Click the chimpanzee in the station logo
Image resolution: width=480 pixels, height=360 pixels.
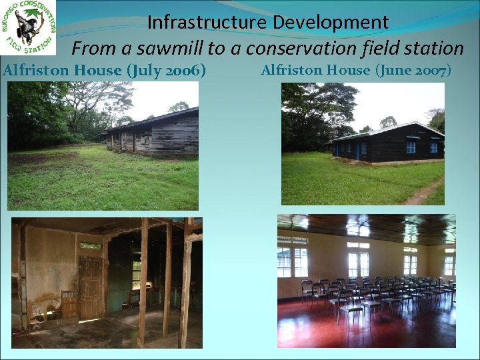27,26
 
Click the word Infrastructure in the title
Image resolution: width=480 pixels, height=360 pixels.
207,22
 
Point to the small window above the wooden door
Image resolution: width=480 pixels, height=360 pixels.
90,246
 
